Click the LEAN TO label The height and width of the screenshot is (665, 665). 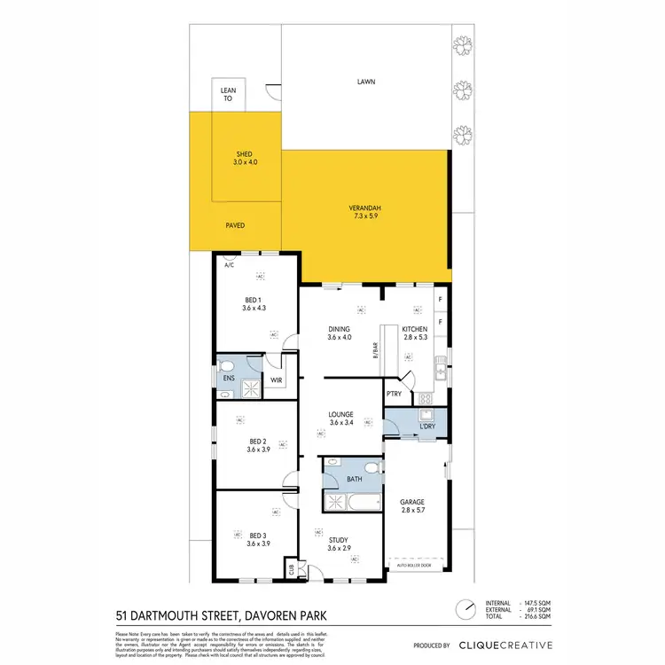click(x=228, y=94)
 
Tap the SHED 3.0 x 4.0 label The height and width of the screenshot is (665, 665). click(x=246, y=158)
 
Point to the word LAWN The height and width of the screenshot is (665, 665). click(x=366, y=82)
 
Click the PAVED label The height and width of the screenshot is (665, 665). click(x=234, y=225)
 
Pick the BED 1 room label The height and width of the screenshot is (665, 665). click(x=254, y=303)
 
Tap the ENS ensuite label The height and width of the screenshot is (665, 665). click(x=228, y=378)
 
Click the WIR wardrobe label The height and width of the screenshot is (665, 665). click(x=277, y=382)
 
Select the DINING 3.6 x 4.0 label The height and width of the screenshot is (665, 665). click(x=339, y=333)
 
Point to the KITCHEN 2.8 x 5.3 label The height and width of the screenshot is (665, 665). click(x=414, y=333)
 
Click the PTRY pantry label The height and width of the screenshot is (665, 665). click(x=395, y=394)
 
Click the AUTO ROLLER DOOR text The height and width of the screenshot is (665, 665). click(x=416, y=564)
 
